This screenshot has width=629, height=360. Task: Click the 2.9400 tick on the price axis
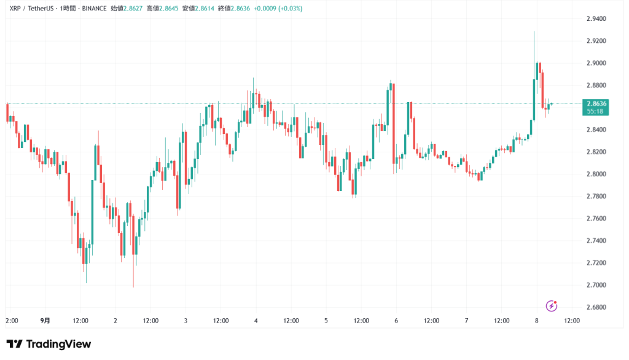point(596,19)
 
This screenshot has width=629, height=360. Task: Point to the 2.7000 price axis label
point(596,285)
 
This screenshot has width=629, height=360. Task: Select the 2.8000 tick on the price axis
point(596,174)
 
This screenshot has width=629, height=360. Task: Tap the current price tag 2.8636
point(596,103)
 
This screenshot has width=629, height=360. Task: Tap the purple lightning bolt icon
point(552,305)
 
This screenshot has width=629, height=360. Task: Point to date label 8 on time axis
point(536,321)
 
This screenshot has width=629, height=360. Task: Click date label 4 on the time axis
point(256,321)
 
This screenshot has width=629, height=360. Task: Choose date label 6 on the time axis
point(396,321)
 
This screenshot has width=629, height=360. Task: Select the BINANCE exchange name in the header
point(92,9)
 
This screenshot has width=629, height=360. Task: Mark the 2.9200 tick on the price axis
point(596,41)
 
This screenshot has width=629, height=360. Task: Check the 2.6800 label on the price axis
point(596,307)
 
